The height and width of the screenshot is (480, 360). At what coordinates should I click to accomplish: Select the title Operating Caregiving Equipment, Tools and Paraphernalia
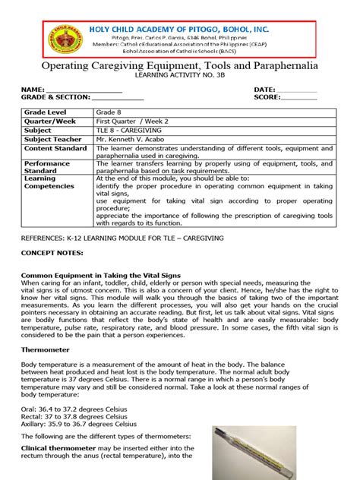pos(180,67)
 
